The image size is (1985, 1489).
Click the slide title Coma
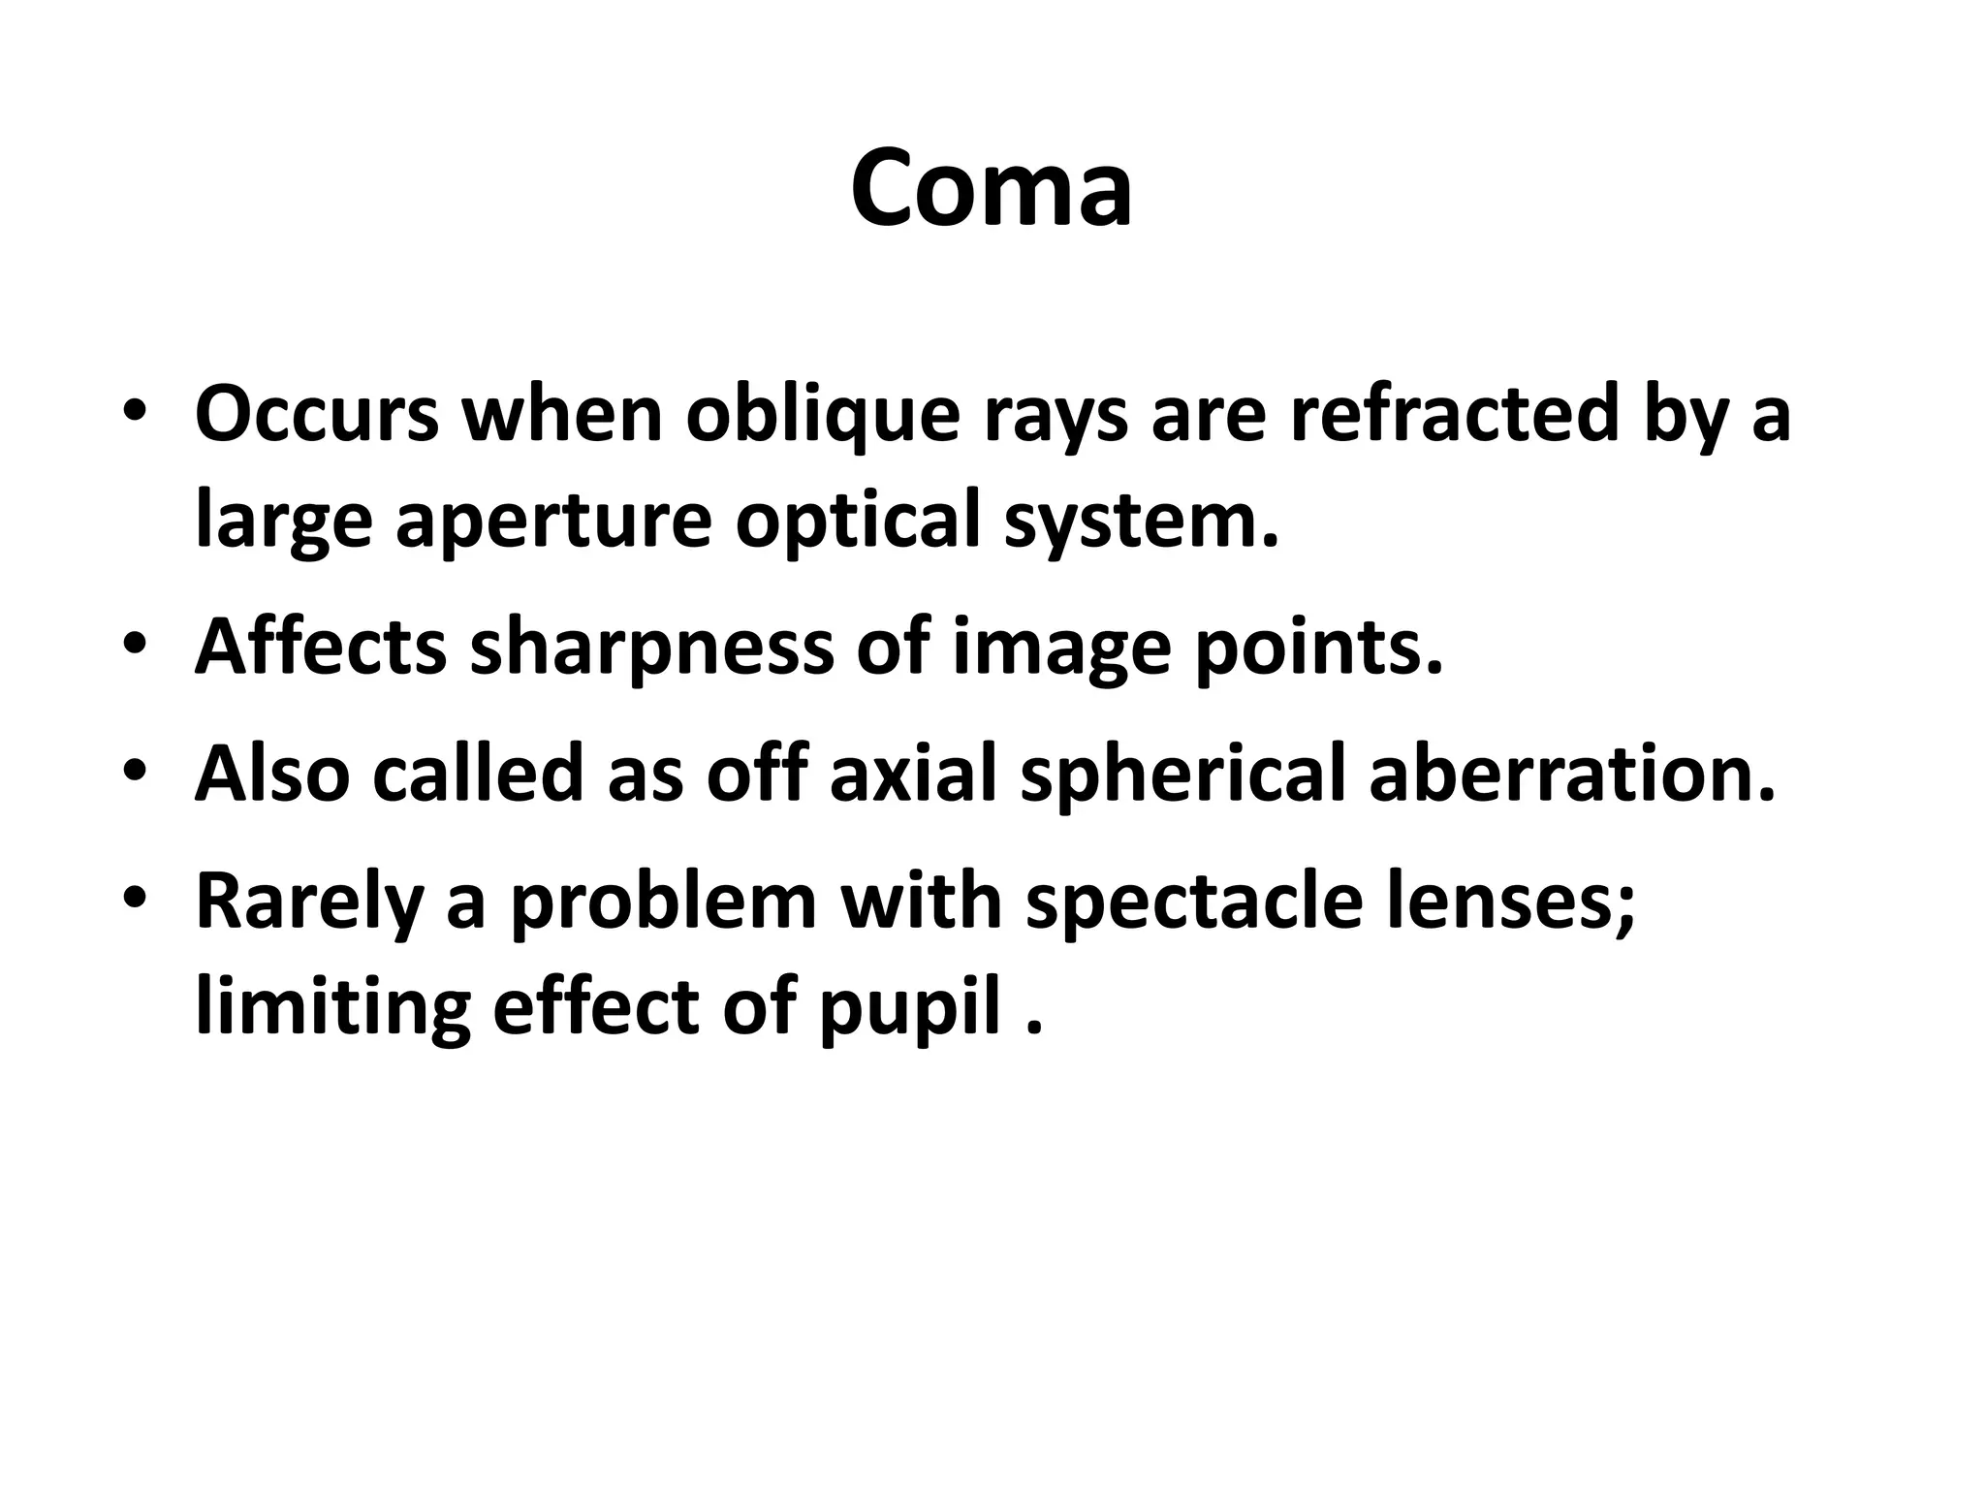tap(992, 187)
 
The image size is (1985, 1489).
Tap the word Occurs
tap(317, 415)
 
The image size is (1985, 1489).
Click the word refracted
tap(1455, 415)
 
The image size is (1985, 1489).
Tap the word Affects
tap(321, 648)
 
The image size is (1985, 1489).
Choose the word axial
tap(913, 775)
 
